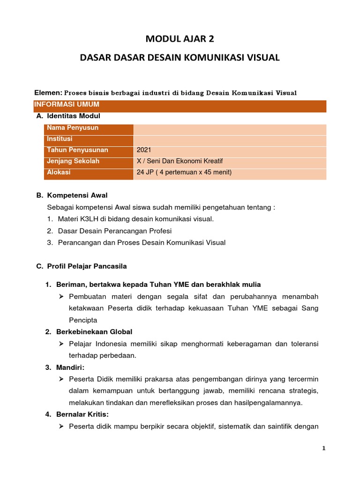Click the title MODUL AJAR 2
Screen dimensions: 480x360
click(180, 39)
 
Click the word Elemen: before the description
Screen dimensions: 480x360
click(49, 92)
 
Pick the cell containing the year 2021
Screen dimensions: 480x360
click(144, 150)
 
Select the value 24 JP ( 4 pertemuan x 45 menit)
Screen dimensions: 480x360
click(184, 172)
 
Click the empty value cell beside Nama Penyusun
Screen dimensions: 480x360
click(230, 128)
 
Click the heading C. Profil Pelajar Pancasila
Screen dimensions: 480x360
click(82, 266)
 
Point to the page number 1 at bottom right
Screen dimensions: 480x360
click(323, 448)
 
